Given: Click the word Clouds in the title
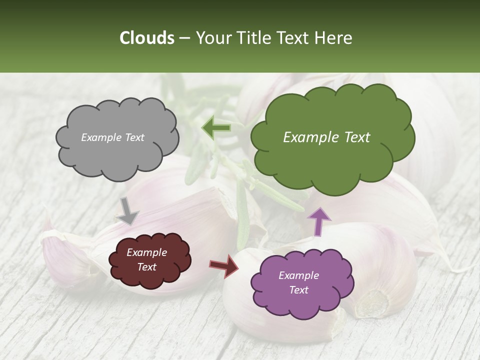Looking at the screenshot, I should pyautogui.click(x=147, y=38).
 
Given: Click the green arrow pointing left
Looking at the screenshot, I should pyautogui.click(x=216, y=128).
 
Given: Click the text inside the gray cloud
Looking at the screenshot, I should pyautogui.click(x=112, y=137).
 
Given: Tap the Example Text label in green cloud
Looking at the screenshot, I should pyautogui.click(x=326, y=137).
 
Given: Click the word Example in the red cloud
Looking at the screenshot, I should pyautogui.click(x=146, y=253).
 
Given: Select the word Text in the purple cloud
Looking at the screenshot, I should pyautogui.click(x=298, y=290).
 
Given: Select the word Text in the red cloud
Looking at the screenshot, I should pyautogui.click(x=146, y=267).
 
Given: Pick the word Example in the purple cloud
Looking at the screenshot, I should pyautogui.click(x=298, y=275).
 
